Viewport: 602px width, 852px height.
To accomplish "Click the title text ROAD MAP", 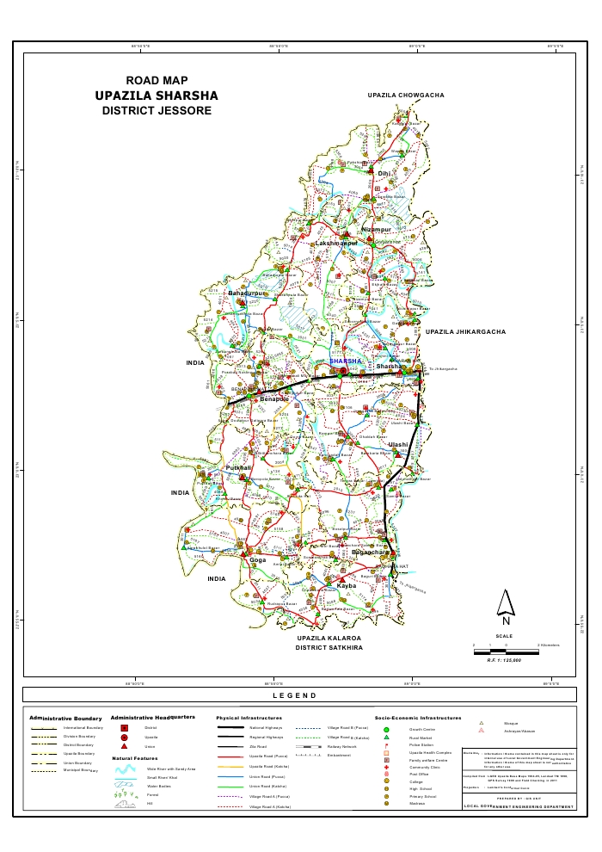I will [157, 80].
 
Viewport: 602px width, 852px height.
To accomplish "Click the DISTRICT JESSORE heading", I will [156, 111].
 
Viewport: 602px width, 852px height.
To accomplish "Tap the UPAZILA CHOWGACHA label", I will [405, 95].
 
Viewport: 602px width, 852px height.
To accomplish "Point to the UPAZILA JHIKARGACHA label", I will [465, 331].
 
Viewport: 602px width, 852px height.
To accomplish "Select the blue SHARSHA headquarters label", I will [347, 361].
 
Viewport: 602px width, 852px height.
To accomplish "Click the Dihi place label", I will [384, 174].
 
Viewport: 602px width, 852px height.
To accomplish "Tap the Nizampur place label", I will [376, 230].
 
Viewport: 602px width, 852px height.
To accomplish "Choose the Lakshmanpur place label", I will [336, 244].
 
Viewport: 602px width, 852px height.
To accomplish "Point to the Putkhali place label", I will [237, 467].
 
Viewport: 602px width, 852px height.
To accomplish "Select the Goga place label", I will [257, 560].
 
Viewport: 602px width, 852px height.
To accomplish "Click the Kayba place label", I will [346, 585].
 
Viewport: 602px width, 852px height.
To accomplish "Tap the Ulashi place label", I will [397, 444].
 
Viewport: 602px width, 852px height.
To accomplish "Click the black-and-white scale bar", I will [506, 651].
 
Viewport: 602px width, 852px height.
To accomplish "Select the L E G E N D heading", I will [294, 695].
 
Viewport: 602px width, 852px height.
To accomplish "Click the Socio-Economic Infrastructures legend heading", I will [417, 717].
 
